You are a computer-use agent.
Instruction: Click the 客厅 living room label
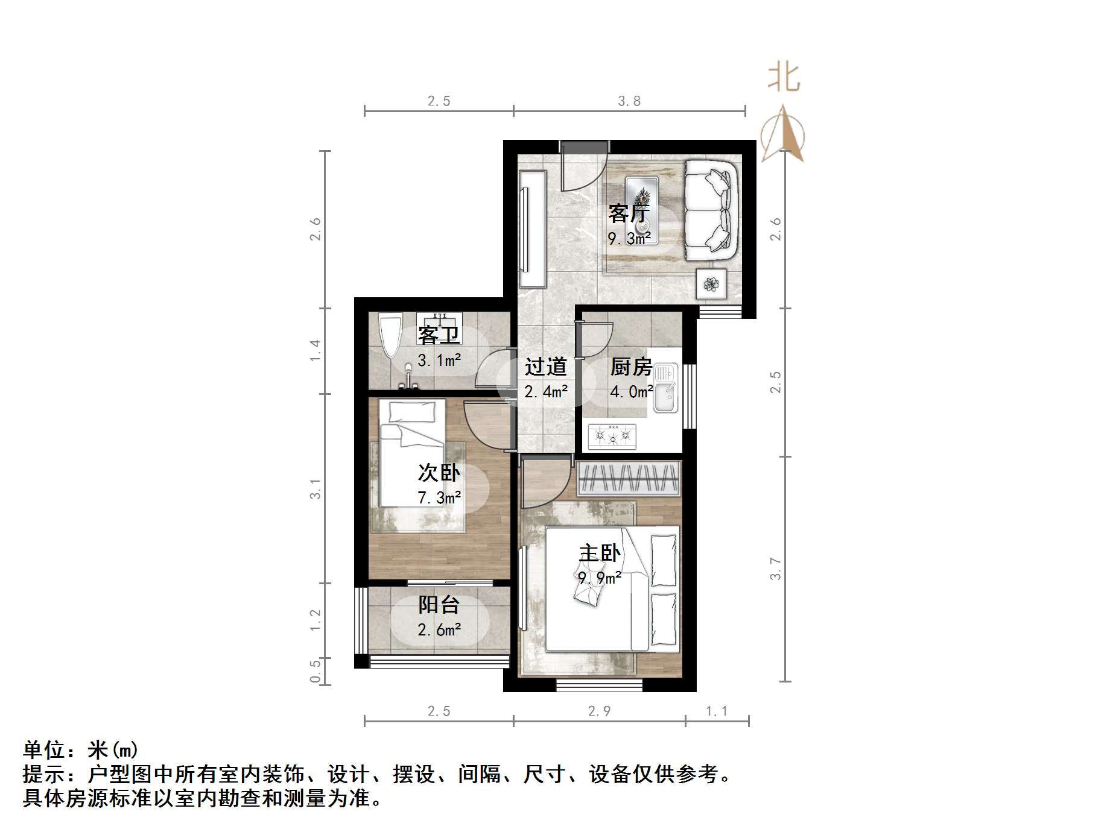[629, 213]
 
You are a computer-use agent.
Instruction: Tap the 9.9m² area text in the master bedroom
[600, 578]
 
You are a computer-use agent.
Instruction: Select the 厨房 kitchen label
[631, 367]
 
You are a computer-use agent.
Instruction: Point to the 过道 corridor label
[546, 367]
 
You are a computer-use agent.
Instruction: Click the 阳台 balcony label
[439, 605]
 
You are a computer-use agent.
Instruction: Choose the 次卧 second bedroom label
[439, 473]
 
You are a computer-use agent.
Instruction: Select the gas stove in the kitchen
[612, 436]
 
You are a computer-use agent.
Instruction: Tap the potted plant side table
[711, 283]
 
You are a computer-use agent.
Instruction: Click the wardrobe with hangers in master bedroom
[629, 478]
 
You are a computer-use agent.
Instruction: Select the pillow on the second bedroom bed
[411, 412]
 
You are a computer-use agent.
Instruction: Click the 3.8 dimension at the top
[629, 101]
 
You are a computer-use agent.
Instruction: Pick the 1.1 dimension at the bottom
[717, 711]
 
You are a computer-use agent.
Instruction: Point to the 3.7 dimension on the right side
[776, 569]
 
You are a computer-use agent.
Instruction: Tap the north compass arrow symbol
[782, 134]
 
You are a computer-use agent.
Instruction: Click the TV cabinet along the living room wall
[532, 229]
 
